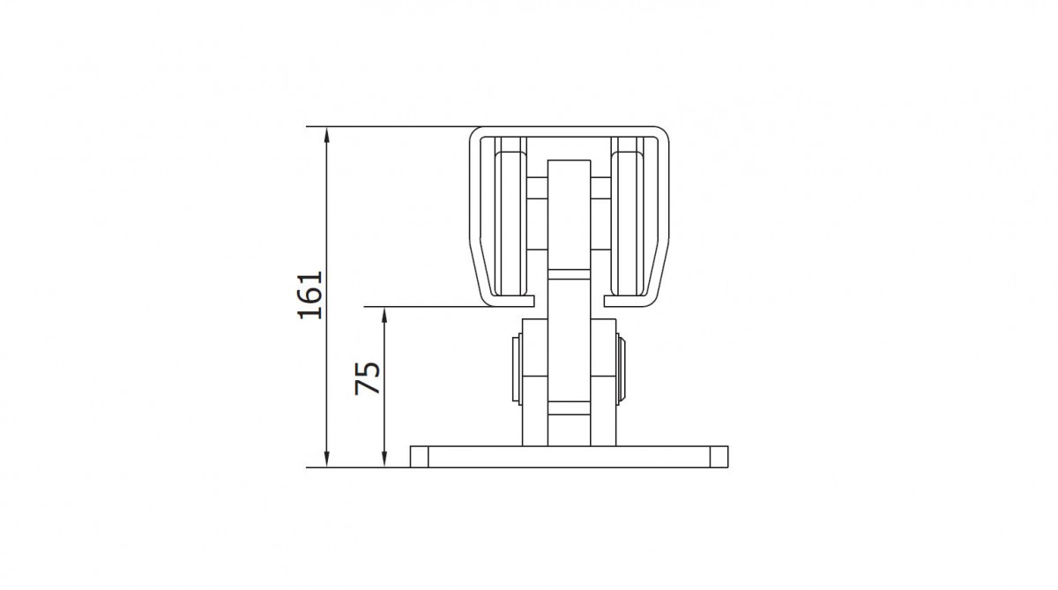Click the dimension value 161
[x=310, y=295]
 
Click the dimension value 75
[x=368, y=378]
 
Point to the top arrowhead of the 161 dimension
[x=326, y=134]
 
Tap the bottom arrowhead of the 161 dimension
[x=326, y=459]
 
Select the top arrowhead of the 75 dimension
[x=384, y=314]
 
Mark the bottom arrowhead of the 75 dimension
[x=384, y=459]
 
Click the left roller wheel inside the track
[x=510, y=223]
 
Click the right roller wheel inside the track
[x=627, y=223]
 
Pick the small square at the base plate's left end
[x=419, y=457]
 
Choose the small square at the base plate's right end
[x=719, y=457]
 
